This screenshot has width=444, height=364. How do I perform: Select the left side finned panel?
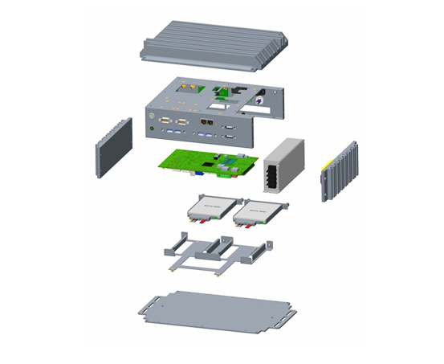click(113, 148)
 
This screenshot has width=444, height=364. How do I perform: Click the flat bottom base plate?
click(217, 310)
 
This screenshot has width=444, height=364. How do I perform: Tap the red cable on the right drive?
click(250, 226)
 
